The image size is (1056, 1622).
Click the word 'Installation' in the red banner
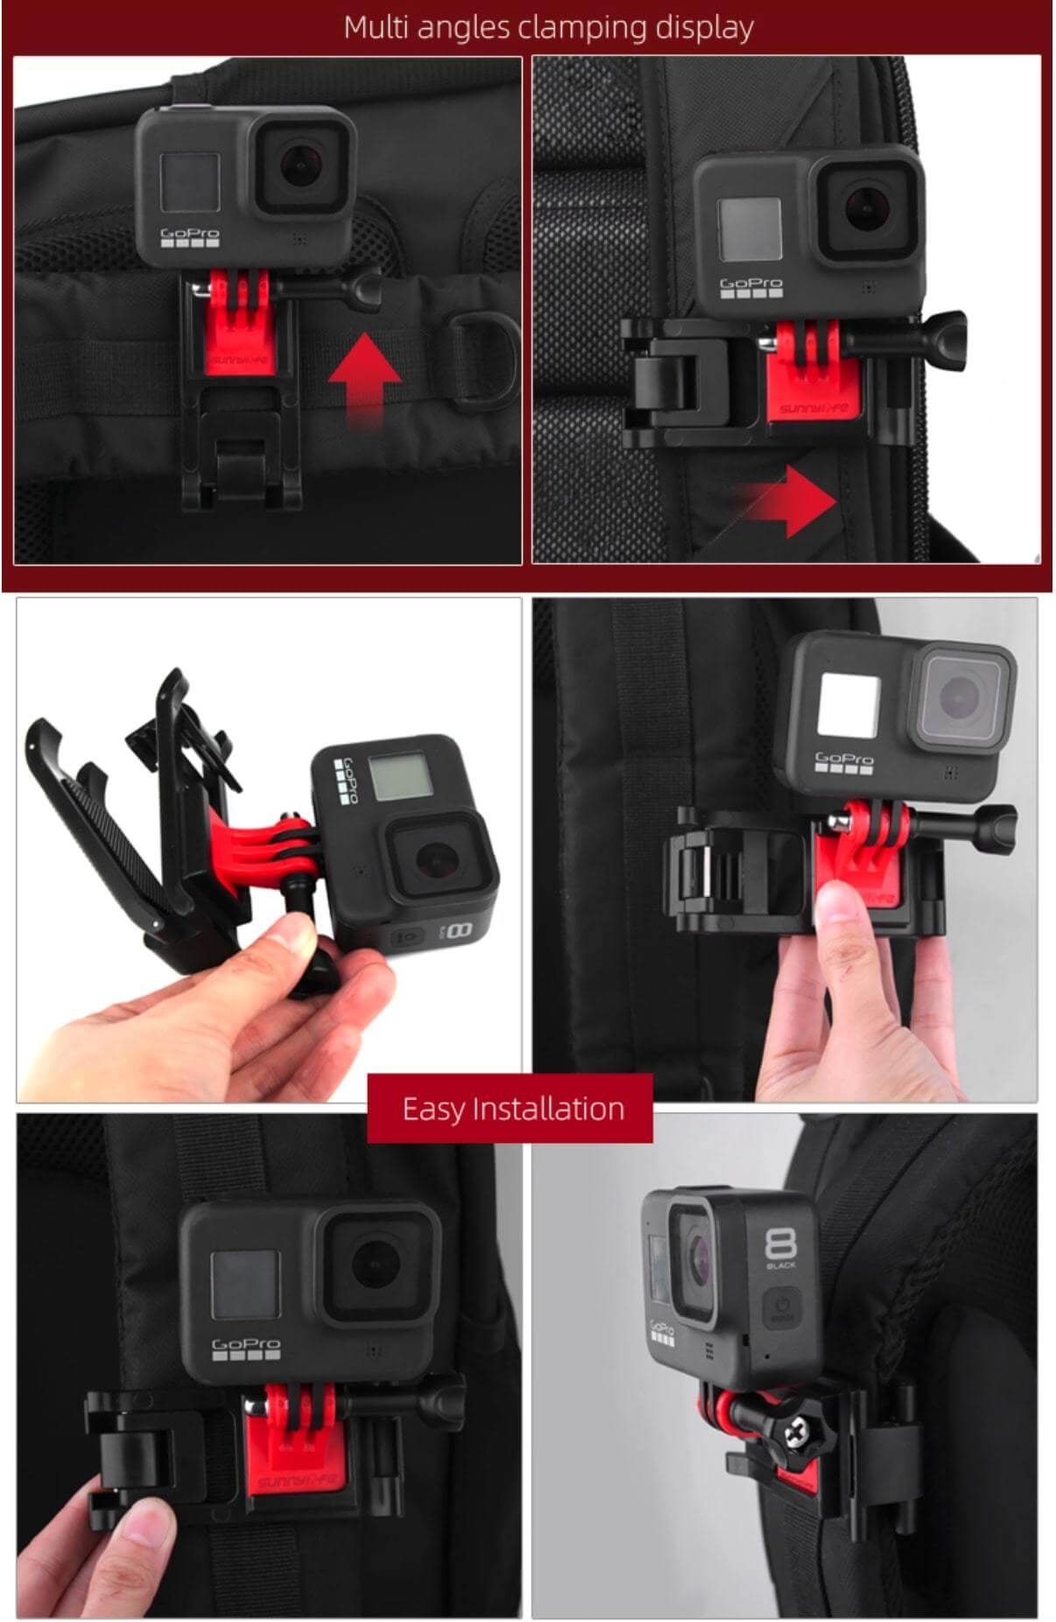tap(548, 1109)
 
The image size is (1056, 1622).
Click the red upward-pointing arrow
tap(364, 380)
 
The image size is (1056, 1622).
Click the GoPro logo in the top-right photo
tap(750, 284)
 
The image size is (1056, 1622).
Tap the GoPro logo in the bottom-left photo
tap(246, 1343)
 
